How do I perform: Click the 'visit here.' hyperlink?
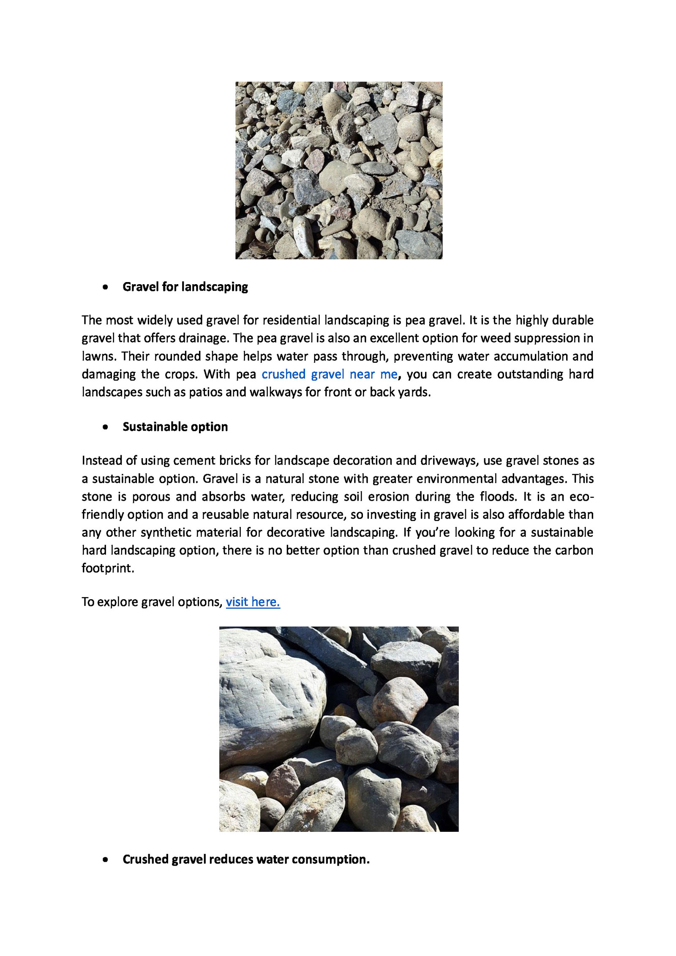(x=253, y=602)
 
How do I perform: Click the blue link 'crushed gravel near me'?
(x=329, y=374)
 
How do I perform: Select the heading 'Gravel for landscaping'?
(x=185, y=287)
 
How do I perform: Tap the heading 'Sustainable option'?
(x=175, y=427)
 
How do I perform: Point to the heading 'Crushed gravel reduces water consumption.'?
(x=246, y=859)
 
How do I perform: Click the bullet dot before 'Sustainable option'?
(x=105, y=427)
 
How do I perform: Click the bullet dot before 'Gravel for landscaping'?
(x=105, y=288)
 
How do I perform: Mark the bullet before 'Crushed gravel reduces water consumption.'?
(x=105, y=860)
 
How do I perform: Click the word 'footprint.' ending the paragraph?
(x=108, y=568)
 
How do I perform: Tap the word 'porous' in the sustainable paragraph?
(x=151, y=497)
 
